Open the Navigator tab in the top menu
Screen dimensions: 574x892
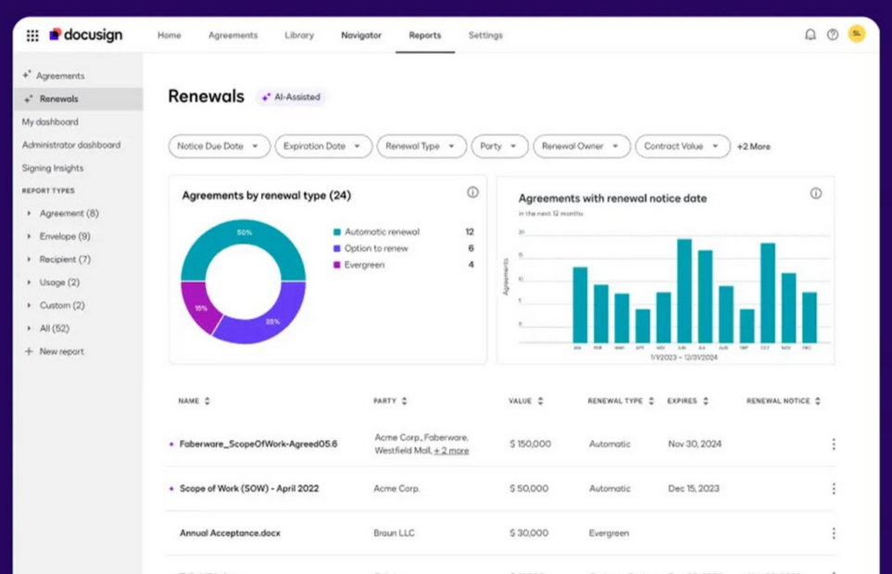tap(361, 35)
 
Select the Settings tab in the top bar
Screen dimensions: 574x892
tap(485, 35)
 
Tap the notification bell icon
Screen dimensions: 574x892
tap(810, 35)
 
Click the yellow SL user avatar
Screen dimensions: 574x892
tap(857, 34)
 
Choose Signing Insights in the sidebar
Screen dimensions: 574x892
tap(53, 168)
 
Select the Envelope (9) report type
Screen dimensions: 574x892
tap(65, 236)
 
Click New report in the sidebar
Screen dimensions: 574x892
tap(61, 352)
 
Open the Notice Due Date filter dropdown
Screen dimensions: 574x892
tap(219, 146)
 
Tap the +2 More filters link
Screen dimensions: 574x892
tap(753, 146)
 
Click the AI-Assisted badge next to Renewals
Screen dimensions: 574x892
tap(291, 97)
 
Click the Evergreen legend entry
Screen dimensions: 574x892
tap(364, 265)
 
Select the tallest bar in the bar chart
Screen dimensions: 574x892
tap(685, 291)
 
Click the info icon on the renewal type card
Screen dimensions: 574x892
tap(472, 193)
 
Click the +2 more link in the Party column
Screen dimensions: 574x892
tap(451, 451)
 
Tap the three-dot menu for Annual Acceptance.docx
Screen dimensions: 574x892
tap(834, 533)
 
